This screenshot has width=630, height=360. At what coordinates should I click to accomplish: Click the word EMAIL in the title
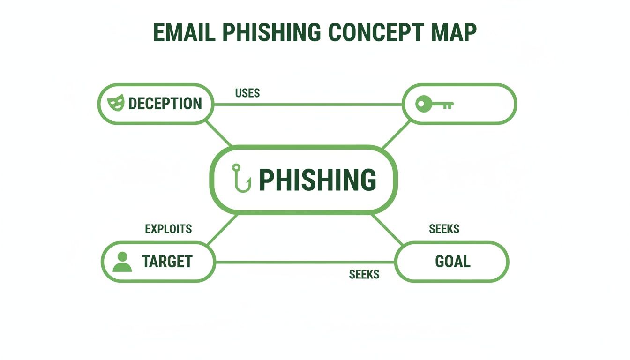[183, 33]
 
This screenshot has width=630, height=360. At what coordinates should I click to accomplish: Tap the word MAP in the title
[452, 33]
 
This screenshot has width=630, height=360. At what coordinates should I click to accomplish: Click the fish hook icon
[241, 178]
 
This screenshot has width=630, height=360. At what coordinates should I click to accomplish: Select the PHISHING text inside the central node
[317, 180]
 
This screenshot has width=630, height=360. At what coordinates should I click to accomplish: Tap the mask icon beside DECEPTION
[116, 103]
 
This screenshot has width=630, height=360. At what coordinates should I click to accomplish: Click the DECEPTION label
[165, 104]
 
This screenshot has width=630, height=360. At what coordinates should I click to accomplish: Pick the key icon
[434, 104]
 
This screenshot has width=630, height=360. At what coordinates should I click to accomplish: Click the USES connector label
[247, 93]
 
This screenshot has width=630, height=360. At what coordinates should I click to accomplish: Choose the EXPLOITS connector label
[168, 229]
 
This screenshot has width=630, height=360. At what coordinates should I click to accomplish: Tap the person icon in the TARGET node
[122, 262]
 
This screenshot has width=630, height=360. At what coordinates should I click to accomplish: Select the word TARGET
[167, 262]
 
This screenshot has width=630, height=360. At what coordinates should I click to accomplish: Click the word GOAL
[452, 262]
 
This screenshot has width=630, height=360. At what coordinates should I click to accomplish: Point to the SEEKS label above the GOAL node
[444, 229]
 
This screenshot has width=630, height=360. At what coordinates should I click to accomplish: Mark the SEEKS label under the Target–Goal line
[364, 274]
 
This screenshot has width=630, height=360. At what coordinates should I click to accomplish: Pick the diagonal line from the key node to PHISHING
[397, 135]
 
